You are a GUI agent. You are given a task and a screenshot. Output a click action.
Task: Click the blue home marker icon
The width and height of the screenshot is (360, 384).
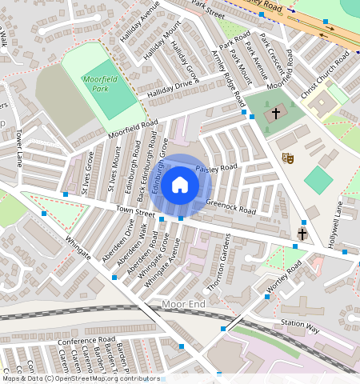180,186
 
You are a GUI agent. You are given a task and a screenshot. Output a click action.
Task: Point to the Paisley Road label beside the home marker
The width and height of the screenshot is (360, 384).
217,167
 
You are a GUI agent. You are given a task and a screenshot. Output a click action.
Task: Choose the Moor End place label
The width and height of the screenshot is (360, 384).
183,304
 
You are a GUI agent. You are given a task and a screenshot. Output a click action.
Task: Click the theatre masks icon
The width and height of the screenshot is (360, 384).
289,158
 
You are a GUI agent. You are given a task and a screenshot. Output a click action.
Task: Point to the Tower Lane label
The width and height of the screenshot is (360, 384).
19,148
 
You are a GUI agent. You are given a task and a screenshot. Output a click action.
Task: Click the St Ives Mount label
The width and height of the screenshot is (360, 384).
115,170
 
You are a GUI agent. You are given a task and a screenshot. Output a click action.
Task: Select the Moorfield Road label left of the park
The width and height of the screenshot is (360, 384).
131,126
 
